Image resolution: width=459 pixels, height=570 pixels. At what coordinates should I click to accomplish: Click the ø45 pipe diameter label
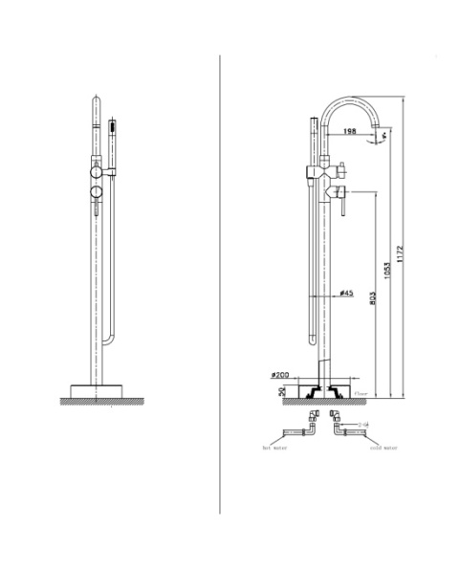347,294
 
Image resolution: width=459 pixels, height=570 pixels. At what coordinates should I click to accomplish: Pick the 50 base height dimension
283,391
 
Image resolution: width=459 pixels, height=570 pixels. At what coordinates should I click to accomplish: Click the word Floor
361,392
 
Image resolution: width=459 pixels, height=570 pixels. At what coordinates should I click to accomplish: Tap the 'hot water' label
277,447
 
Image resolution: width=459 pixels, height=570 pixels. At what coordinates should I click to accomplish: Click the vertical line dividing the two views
221,287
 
